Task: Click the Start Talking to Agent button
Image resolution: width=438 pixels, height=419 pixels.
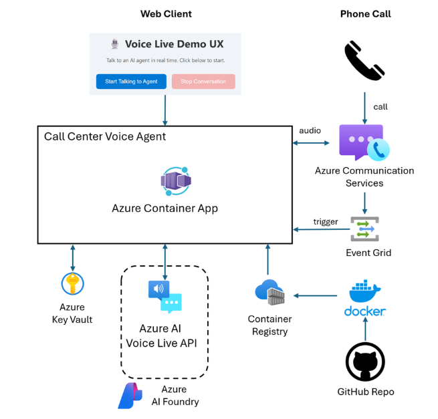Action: (131, 82)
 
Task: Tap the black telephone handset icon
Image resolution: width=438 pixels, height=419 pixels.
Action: (364, 61)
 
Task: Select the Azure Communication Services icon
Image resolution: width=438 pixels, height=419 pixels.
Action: (364, 142)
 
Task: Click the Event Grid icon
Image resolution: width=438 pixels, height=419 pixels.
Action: (364, 229)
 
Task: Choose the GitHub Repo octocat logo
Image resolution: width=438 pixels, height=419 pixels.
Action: (365, 362)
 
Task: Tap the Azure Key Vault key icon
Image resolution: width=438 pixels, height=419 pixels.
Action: (72, 283)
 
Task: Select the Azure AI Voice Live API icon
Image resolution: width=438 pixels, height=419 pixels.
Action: (165, 296)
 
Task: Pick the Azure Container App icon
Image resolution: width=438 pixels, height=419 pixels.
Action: (175, 181)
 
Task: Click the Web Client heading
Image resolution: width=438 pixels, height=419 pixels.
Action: (166, 14)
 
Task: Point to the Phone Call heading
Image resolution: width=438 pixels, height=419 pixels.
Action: (365, 14)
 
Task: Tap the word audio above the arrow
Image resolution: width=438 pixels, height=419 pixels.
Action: (310, 130)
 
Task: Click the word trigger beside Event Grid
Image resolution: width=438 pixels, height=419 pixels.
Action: (325, 221)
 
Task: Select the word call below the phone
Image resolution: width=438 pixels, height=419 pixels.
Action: (380, 107)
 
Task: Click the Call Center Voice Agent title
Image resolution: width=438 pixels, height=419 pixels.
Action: (105, 136)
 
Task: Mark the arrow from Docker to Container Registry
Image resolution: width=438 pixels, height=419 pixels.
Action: (316, 295)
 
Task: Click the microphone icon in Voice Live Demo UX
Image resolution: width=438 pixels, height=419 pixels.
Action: (114, 44)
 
